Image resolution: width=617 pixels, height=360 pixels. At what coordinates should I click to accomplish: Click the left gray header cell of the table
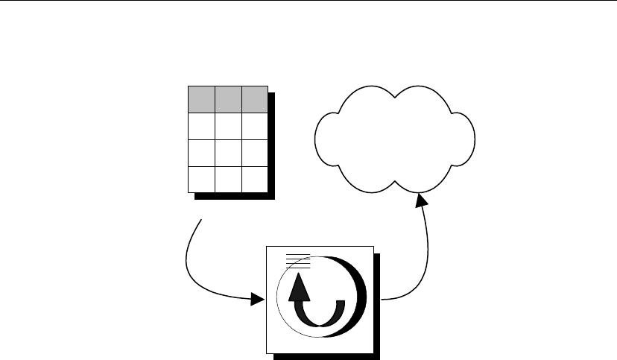point(200,99)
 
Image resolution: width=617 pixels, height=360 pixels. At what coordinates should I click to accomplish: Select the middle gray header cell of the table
point(227,99)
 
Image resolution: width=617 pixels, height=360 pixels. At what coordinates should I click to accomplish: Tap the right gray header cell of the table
point(254,99)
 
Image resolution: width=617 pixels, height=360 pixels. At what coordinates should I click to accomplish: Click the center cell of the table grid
point(227,153)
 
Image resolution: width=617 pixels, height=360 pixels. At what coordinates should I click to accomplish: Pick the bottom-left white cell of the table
point(200,179)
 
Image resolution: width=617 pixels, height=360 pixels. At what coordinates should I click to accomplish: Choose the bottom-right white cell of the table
point(254,179)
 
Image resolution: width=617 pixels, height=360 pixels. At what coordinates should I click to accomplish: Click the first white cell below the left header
point(200,126)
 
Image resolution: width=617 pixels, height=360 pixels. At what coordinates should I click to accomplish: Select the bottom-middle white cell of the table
point(227,179)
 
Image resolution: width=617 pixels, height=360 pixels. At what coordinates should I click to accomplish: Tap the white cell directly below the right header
point(254,126)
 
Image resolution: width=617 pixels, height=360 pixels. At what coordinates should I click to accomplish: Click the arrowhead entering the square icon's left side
point(258,300)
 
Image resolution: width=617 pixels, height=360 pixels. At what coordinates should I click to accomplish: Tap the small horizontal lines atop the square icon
point(297,260)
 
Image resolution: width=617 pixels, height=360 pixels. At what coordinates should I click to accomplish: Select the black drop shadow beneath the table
point(235,198)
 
